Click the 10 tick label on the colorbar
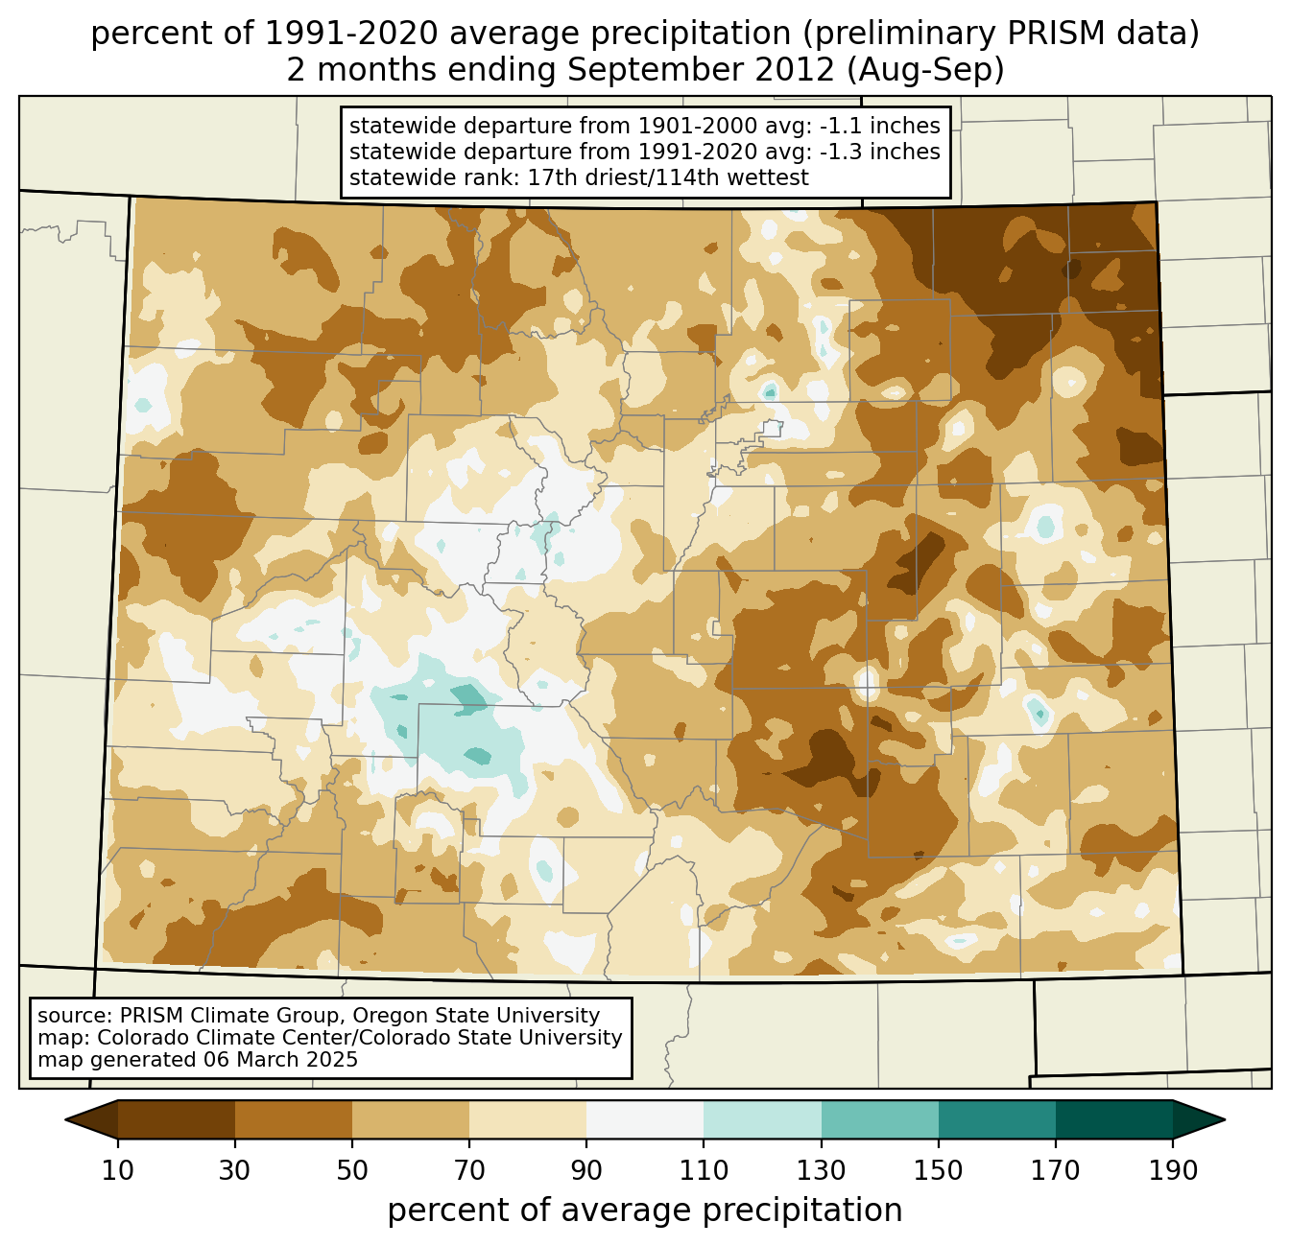tap(118, 1170)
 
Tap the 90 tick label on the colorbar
tap(586, 1170)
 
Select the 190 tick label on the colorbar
tap(1173, 1170)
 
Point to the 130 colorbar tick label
tap(822, 1170)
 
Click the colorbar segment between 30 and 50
tap(294, 1119)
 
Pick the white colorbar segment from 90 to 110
tap(645, 1119)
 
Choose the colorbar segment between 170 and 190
tap(1114, 1119)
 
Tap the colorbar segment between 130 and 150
tap(880, 1119)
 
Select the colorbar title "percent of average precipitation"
tap(645, 1211)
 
